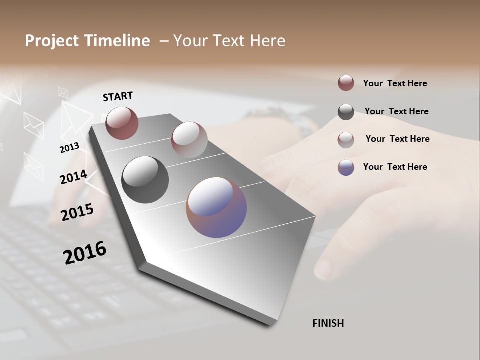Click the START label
pos(118,96)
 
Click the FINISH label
pos(328,323)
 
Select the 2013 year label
pos(69,147)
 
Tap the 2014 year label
pos(73,177)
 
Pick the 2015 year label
pos(77,212)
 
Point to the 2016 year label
pos(85,252)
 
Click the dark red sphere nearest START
pos(122,123)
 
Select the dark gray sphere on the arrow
pos(145,180)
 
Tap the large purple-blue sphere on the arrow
pos(216,207)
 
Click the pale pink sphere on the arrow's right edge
pos(189,140)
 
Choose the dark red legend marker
pos(346,83)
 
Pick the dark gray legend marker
pos(346,112)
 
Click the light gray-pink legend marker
pos(346,140)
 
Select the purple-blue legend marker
pos(346,167)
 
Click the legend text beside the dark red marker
pos(395,83)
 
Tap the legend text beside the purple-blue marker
pos(395,167)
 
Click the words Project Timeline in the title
pos(87,41)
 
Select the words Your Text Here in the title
pos(229,41)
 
